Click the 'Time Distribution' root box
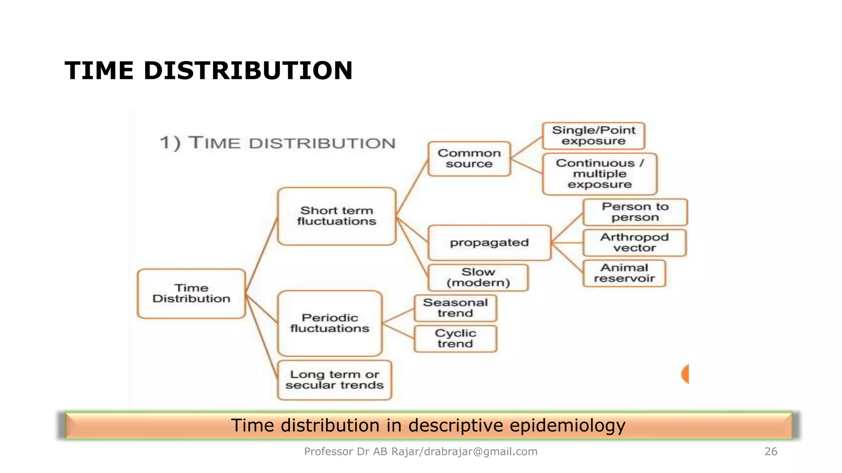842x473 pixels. pos(192,294)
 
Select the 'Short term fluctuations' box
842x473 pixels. pos(337,216)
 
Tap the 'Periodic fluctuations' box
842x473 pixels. pos(330,323)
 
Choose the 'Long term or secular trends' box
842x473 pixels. pos(335,380)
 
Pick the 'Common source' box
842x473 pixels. pos(469,159)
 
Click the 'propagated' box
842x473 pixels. pos(489,243)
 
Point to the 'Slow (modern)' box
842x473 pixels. pos(478,278)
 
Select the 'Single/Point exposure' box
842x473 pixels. pos(593,136)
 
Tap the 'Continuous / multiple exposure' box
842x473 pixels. pos(599,174)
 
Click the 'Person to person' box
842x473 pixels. pos(635,212)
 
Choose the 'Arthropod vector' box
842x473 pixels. pos(634,243)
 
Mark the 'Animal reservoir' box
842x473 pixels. pos(624,273)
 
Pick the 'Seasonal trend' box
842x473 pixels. pos(455,308)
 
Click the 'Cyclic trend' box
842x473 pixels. pos(455,339)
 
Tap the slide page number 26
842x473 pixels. pos(770,452)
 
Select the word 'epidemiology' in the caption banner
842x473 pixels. pos(567,425)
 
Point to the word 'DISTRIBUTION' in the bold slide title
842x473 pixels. pos(248,71)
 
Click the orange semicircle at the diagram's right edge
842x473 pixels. pos(685,374)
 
